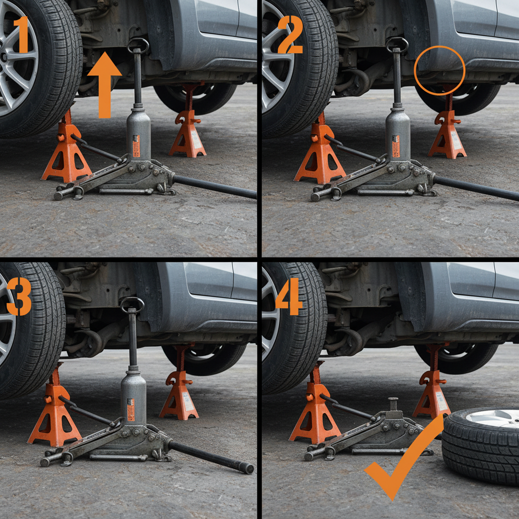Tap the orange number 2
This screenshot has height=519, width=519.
coord(289,34)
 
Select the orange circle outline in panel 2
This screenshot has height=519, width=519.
coord(439,70)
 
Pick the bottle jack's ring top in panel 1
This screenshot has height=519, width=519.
coord(138,45)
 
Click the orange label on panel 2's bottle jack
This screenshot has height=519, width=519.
coord(396,146)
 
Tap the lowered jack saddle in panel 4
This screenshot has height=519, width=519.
coord(392,402)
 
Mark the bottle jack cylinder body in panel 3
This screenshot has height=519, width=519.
coord(133,400)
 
